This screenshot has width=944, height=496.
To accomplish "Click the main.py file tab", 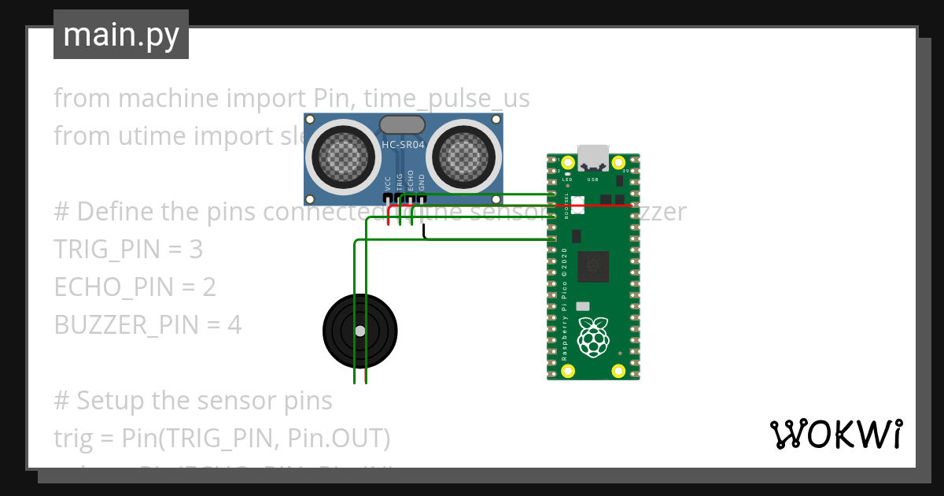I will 121,35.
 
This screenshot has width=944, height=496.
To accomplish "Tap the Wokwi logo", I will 835,434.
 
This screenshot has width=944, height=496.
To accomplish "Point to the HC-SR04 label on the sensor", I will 404,144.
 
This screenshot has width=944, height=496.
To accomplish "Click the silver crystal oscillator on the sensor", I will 403,124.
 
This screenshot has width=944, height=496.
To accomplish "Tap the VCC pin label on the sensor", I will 388,184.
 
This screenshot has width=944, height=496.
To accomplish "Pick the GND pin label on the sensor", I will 422,183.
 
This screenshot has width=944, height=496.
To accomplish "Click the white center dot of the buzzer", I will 360,331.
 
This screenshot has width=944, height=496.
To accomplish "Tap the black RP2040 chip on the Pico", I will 592,266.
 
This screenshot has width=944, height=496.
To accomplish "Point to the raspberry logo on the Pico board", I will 594,337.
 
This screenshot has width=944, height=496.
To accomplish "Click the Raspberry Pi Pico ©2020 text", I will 565,304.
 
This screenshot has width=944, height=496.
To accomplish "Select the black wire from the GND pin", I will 425,234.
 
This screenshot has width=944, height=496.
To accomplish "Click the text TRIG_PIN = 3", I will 128,250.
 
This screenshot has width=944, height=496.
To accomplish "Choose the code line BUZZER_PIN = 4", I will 147,324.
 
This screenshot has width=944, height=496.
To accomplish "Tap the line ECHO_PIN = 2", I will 135,287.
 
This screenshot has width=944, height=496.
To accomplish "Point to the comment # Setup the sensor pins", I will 193,401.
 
